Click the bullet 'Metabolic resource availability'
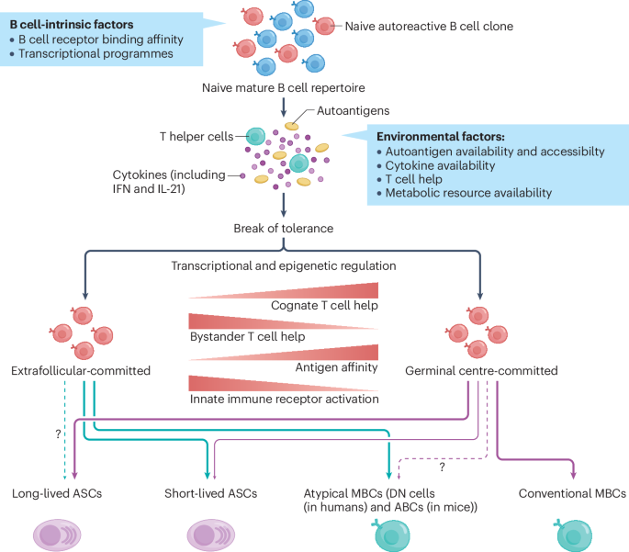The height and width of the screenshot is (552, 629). coord(468,193)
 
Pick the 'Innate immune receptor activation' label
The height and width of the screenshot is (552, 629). coord(283,401)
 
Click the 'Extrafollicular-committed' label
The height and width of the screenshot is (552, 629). coord(81,371)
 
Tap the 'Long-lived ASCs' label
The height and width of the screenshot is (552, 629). coord(57,494)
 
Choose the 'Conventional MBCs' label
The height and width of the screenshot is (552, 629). coord(572,494)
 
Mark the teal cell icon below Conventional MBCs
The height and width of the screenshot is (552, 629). coord(573,535)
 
